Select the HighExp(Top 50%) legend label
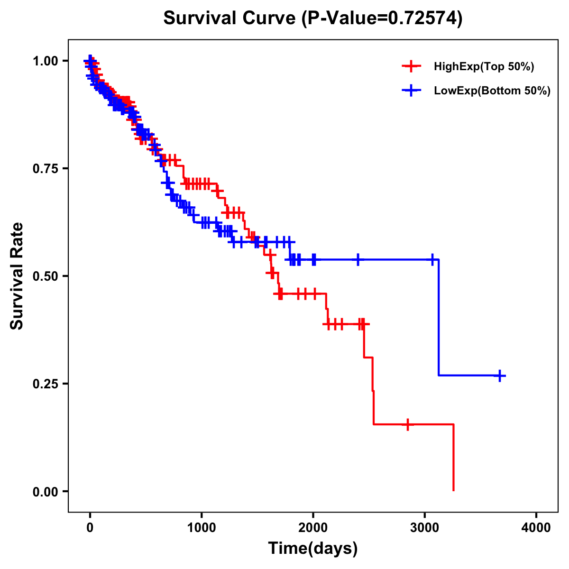pyautogui.click(x=484, y=67)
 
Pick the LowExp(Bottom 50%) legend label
pyautogui.click(x=492, y=91)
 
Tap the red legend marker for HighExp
pyautogui.click(x=411, y=66)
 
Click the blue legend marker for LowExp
pyautogui.click(x=411, y=91)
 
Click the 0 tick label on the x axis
pyautogui.click(x=90, y=528)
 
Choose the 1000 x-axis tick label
pyautogui.click(x=202, y=528)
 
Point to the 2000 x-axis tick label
pyautogui.click(x=313, y=528)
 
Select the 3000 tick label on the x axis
pyautogui.click(x=425, y=528)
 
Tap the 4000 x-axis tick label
pyautogui.click(x=536, y=528)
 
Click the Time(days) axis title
pyautogui.click(x=312, y=549)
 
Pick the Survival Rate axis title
pyautogui.click(x=17, y=276)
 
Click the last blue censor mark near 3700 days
pyautogui.click(x=500, y=376)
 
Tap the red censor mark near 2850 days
pyautogui.click(x=407, y=424)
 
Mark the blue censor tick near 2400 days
pyautogui.click(x=358, y=259)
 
